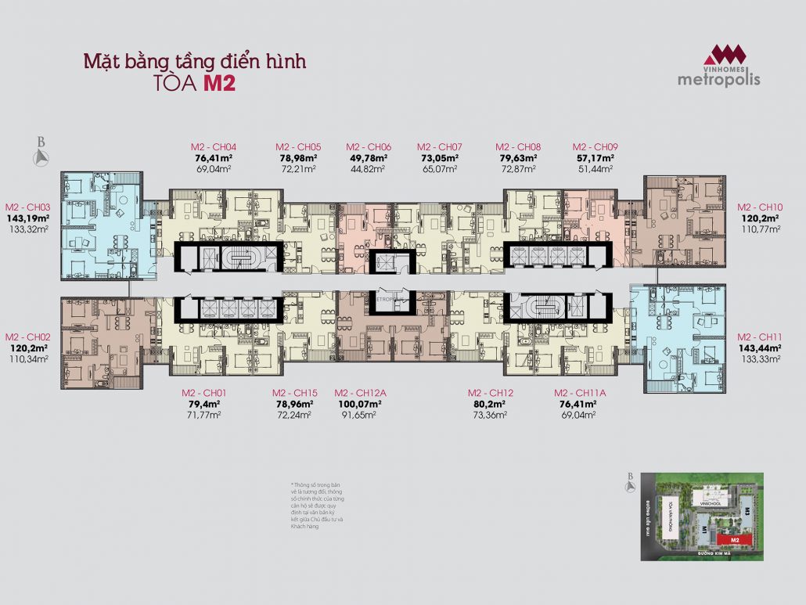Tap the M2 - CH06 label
[x=369, y=146]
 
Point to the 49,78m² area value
[x=369, y=157]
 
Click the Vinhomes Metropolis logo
[x=720, y=65]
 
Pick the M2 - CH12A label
[x=358, y=393]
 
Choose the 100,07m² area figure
[x=358, y=404]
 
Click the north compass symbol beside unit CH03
[x=41, y=153]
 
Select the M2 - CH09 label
[x=596, y=146]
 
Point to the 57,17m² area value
[x=596, y=157]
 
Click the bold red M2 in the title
[x=219, y=85]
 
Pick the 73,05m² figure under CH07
[x=439, y=157]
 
